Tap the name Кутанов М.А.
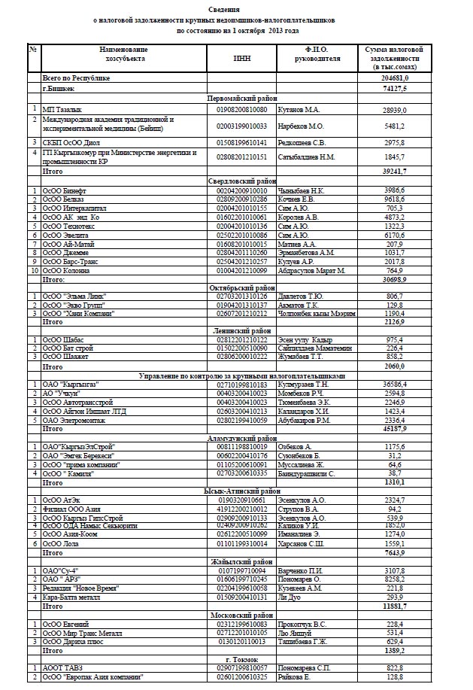(x=299, y=110)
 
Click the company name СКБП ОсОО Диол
(x=76, y=141)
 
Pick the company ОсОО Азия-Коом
(x=71, y=533)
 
